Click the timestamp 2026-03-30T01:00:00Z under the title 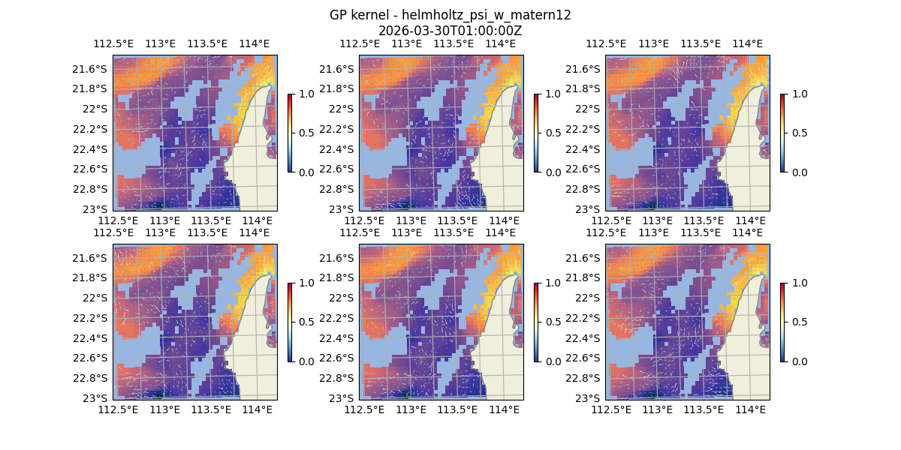coord(450,31)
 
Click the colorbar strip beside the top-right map coord(782,133)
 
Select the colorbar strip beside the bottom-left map coord(290,322)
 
